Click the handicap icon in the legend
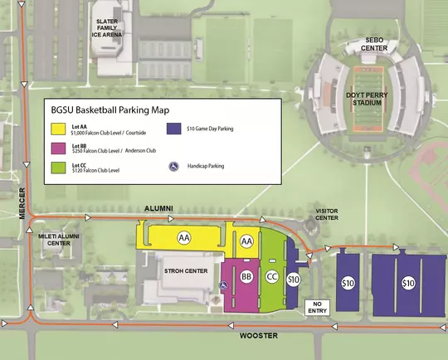[173, 166]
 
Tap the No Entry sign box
[317, 309]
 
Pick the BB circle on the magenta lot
[246, 276]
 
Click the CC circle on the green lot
[271, 275]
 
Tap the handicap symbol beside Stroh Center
[222, 287]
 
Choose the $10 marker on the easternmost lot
[407, 284]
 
